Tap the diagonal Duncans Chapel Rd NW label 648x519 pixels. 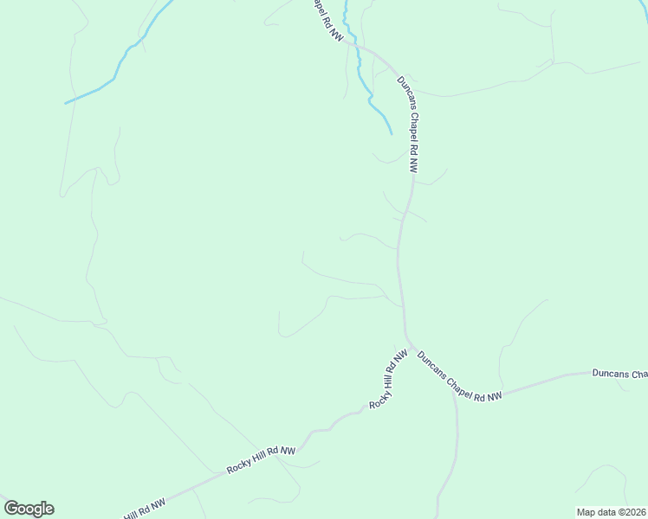[459, 376]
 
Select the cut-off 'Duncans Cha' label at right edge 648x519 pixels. [619, 375]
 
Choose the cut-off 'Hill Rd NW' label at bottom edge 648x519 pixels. [144, 509]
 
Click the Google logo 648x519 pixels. [29, 509]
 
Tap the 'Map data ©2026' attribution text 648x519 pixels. [612, 512]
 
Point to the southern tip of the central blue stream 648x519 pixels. [391, 134]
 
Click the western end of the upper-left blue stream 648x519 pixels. [66, 104]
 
